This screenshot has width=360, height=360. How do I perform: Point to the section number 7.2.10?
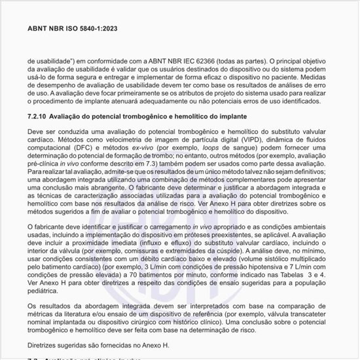tap(39, 116)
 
